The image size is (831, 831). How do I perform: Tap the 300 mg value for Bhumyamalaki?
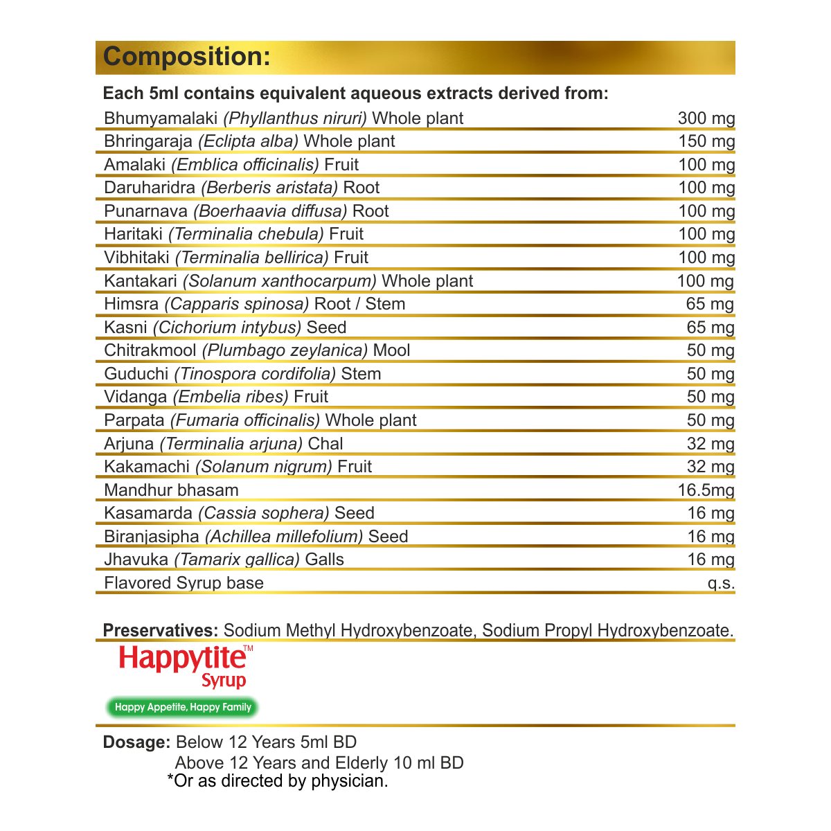pyautogui.click(x=706, y=118)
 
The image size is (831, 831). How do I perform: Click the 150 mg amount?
pyautogui.click(x=706, y=141)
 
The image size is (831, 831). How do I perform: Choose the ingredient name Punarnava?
pyautogui.click(x=146, y=211)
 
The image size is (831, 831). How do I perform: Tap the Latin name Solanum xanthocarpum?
pyautogui.click(x=280, y=281)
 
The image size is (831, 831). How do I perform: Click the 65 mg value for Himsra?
pyautogui.click(x=710, y=304)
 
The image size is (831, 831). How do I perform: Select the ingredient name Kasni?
pyautogui.click(x=126, y=328)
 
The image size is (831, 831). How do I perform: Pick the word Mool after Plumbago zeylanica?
pyautogui.click(x=391, y=350)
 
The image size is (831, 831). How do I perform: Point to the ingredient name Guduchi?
pyautogui.click(x=136, y=374)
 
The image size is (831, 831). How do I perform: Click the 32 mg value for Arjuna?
pyautogui.click(x=710, y=444)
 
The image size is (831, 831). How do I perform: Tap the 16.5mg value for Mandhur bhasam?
pyautogui.click(x=706, y=490)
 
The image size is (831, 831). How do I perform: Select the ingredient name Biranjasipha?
pyautogui.click(x=152, y=537)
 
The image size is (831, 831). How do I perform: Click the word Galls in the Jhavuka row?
pyautogui.click(x=325, y=560)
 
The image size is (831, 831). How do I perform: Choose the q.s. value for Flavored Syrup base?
pyautogui.click(x=720, y=583)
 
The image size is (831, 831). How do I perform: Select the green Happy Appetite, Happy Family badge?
pyautogui.click(x=183, y=707)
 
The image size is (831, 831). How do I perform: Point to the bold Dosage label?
pyautogui.click(x=136, y=742)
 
